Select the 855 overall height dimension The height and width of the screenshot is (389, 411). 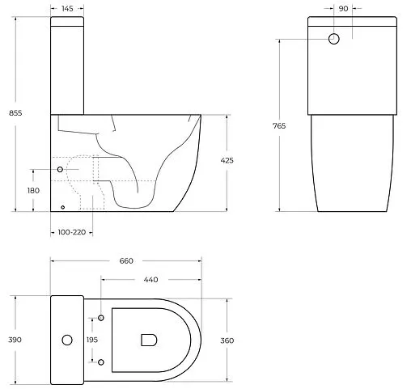tap(15, 113)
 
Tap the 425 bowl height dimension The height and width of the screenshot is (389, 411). tap(227, 161)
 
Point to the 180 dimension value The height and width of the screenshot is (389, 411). tap(33, 191)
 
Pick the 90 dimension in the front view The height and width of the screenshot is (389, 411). tap(343, 8)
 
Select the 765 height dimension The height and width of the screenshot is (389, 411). tap(279, 125)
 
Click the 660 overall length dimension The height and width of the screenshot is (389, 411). tap(126, 260)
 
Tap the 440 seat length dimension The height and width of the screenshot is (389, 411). tap(150, 279)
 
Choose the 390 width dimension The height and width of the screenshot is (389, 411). tap(15, 340)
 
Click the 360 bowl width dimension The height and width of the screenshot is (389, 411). tap(227, 340)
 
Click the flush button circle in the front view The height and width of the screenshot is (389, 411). tap(335, 38)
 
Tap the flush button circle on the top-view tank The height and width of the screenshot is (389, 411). tap(67, 340)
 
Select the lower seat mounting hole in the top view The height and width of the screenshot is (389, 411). tap(101, 362)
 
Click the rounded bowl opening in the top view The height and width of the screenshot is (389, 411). tap(148, 340)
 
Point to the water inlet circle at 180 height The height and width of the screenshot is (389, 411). tap(61, 168)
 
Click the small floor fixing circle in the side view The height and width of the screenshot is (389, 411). tap(62, 206)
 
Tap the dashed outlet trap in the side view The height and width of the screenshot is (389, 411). tap(85, 182)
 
